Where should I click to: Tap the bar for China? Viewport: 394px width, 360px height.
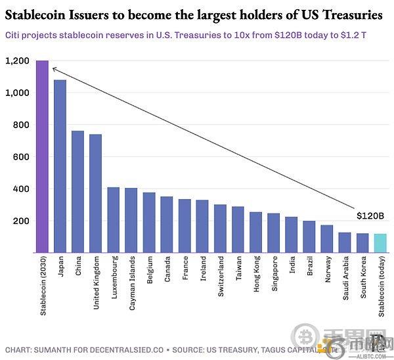[x=77, y=191]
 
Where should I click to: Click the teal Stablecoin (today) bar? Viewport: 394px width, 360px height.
[x=380, y=242]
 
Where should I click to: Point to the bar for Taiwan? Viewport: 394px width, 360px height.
[x=238, y=229]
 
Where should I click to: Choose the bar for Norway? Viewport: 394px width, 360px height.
[x=326, y=238]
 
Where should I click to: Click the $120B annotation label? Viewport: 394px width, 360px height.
[x=370, y=215]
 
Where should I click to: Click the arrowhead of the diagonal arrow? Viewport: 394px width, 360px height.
[x=53, y=68]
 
